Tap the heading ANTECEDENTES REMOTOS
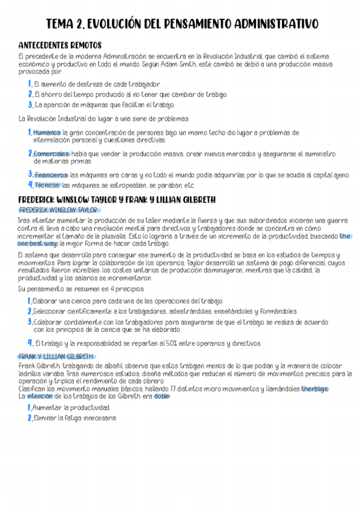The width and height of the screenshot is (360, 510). click(x=59, y=45)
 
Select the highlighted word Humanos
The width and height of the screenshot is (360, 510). click(x=47, y=132)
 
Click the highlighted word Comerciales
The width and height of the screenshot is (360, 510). click(x=52, y=154)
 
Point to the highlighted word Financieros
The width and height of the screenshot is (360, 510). click(x=51, y=176)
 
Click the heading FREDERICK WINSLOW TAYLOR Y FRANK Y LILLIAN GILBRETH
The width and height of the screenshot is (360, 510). click(x=117, y=200)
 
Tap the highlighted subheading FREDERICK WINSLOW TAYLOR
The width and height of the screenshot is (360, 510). click(x=58, y=210)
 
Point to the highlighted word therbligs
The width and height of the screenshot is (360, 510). click(x=315, y=389)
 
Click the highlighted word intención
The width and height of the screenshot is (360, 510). click(x=40, y=396)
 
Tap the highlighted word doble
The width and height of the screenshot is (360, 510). click(x=161, y=396)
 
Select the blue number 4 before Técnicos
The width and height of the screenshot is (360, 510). click(x=30, y=185)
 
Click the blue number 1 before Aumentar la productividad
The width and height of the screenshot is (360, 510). click(x=29, y=407)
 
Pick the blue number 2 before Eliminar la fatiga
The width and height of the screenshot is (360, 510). click(x=29, y=418)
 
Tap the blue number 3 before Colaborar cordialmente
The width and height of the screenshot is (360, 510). click(x=29, y=322)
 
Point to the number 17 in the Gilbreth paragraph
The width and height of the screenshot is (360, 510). click(x=172, y=389)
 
